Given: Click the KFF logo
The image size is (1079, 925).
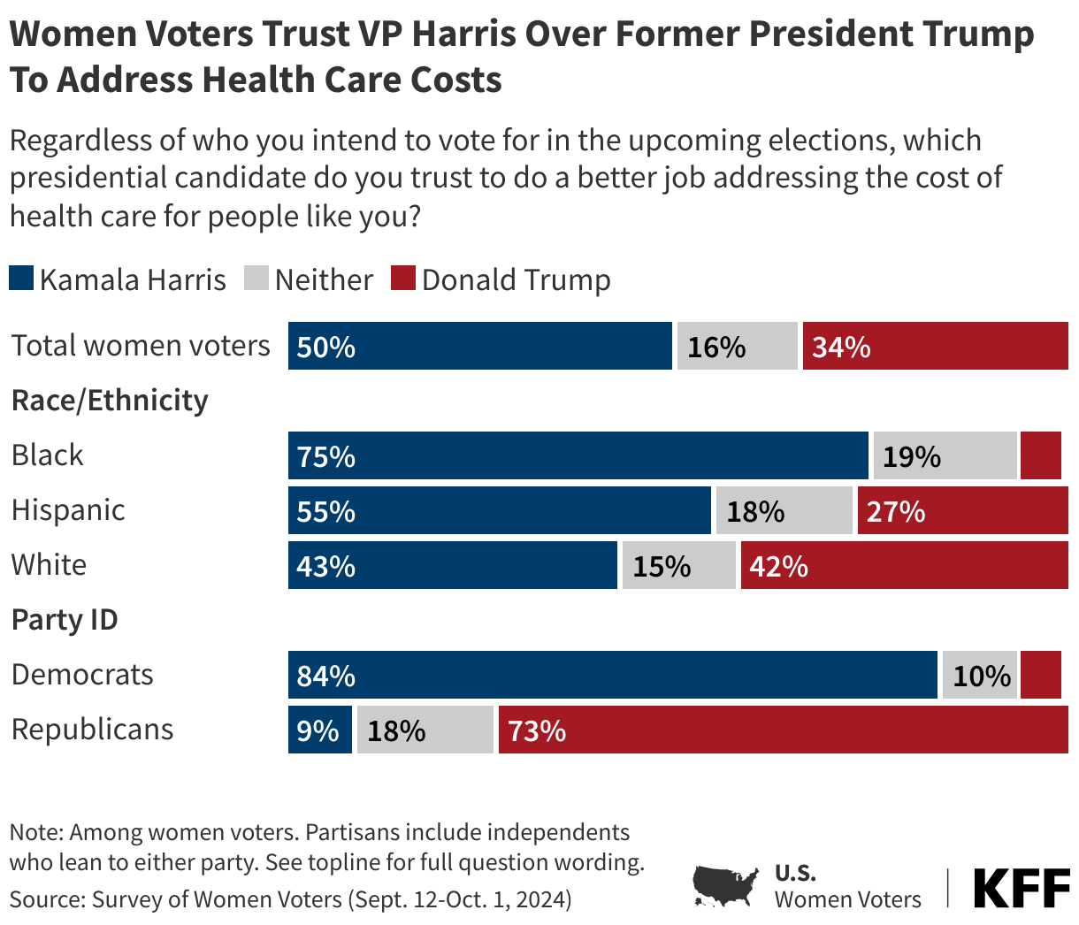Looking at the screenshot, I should click(1022, 888).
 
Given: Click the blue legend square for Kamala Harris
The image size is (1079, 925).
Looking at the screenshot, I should click(22, 279).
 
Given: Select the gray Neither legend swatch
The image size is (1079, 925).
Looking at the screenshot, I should click(256, 279).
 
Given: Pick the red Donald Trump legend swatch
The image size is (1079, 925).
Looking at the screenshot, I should click(403, 279).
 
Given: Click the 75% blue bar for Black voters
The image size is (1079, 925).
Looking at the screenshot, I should click(578, 455).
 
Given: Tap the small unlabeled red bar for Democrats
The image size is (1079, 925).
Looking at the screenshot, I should click(1041, 675).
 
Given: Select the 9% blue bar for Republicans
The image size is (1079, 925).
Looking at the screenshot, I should click(319, 730).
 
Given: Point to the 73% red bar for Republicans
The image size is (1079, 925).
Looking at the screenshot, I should click(783, 730).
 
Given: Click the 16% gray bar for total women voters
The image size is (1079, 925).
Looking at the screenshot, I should click(737, 346).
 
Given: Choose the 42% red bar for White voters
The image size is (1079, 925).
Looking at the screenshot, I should click(904, 565).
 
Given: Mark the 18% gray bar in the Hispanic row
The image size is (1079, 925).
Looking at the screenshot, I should click(784, 510).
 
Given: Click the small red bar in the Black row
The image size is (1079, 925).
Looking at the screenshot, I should click(1041, 455).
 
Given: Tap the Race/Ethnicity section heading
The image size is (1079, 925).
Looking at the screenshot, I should click(110, 401).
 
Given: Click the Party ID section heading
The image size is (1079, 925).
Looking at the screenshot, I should click(65, 620).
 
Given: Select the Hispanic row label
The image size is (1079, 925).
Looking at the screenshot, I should click(68, 510).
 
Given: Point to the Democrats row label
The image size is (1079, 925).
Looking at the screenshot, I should click(82, 675).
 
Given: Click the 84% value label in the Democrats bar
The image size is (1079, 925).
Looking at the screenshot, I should click(326, 677).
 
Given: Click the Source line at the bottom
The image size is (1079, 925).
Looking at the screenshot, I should click(290, 899).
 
